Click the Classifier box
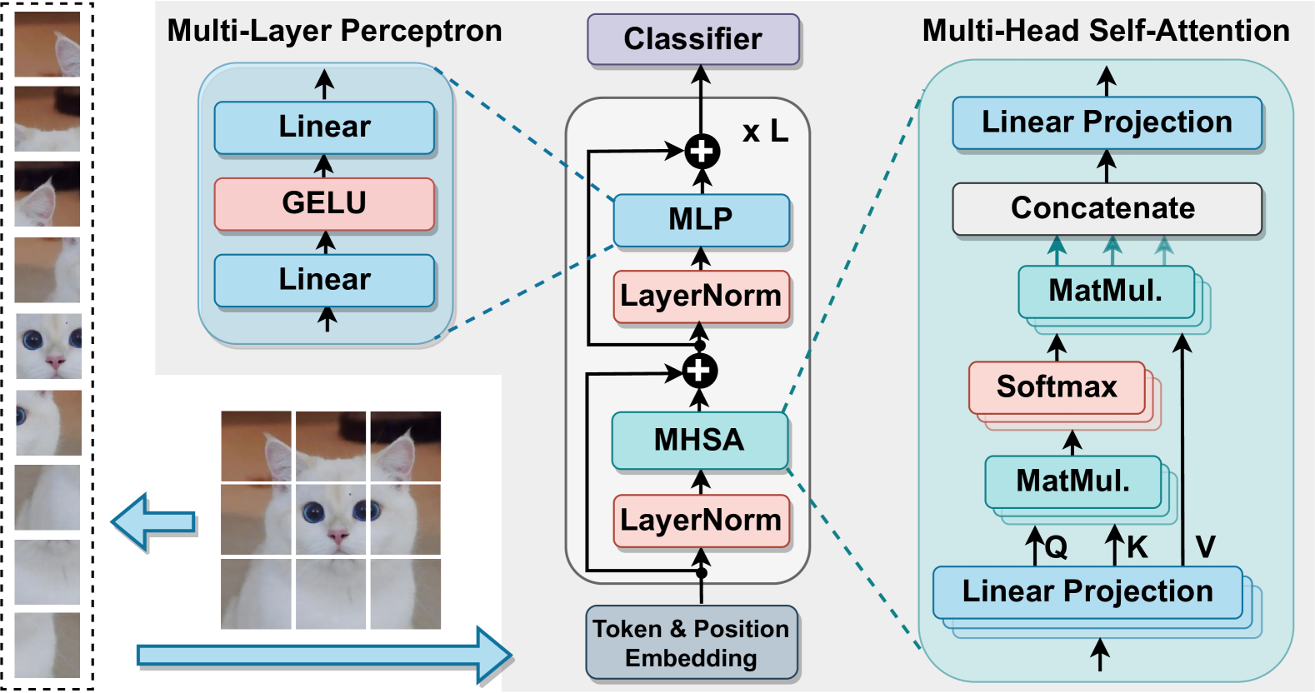(693, 38)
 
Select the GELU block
(325, 203)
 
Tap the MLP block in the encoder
(702, 220)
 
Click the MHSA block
(700, 440)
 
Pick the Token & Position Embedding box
(692, 642)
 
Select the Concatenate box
(1107, 209)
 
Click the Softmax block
(1057, 387)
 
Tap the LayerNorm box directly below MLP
(702, 297)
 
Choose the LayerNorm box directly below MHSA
(702, 521)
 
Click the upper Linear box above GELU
(325, 127)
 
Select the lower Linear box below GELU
(325, 280)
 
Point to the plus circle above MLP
(702, 152)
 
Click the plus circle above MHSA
(700, 371)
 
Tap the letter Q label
(1056, 547)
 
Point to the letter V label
(1205, 547)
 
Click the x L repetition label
(765, 132)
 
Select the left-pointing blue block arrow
(153, 521)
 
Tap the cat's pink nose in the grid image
(337, 535)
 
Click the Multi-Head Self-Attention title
(1106, 31)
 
